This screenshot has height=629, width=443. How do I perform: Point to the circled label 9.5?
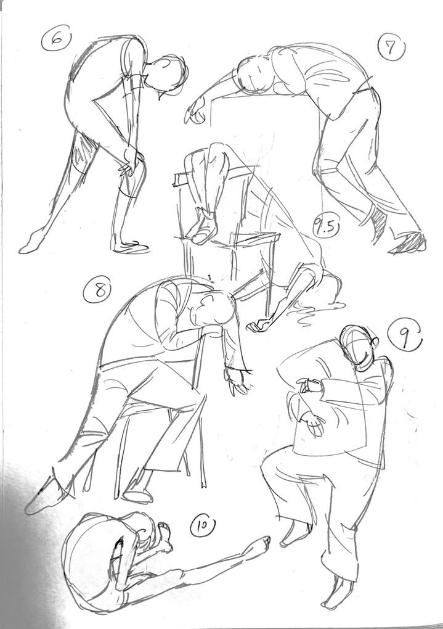coord(326,229)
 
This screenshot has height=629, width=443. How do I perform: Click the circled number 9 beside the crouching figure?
coord(405,337)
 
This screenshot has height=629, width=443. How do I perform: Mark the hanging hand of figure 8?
coord(238,379)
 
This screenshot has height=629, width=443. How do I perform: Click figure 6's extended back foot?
coord(33,242)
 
